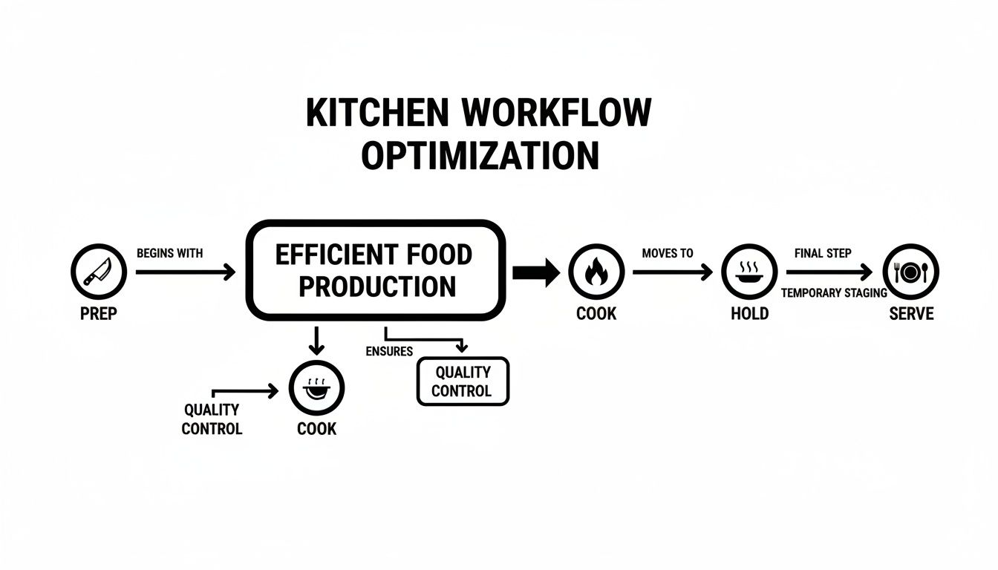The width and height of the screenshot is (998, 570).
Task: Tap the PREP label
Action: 99,313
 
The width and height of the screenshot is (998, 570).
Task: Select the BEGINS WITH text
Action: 170,253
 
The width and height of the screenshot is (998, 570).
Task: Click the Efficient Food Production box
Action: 374,270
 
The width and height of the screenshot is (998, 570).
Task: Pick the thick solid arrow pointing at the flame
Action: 535,272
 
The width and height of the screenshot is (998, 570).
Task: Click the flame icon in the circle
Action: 596,272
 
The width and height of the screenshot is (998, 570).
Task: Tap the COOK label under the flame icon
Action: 596,313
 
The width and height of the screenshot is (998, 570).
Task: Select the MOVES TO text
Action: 668,253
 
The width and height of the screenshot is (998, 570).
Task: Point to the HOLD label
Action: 749,313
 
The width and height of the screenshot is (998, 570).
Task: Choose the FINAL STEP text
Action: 823,253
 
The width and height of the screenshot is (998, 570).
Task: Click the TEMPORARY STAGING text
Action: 834,293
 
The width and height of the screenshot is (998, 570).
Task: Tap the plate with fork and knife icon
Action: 910,272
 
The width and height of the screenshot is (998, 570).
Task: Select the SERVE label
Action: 911,313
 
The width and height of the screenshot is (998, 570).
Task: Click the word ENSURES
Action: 389,351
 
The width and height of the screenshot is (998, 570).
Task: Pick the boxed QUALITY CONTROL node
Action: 463,381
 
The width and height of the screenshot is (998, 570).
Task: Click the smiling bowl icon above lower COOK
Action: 316,387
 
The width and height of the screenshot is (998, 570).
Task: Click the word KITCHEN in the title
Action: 377,114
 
